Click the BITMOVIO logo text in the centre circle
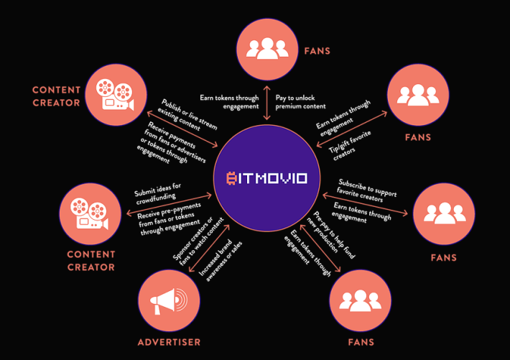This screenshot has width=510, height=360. tap(266, 178)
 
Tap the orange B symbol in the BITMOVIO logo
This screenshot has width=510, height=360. tap(231, 178)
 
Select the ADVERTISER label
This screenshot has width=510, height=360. tap(169, 342)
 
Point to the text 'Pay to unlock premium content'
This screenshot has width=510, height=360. tap(300, 102)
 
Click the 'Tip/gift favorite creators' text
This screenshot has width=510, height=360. tap(350, 145)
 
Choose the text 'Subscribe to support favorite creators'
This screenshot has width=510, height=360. tap(366, 191)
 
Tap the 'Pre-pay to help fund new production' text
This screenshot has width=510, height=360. tap(331, 235)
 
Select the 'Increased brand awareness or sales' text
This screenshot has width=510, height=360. tap(221, 260)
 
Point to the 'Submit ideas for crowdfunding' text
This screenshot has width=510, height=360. tap(158, 194)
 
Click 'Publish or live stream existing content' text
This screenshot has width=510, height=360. tap(187, 115)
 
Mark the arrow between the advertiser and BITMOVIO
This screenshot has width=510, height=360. tap(209, 249)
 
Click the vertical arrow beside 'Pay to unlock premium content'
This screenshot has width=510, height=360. tap(266, 103)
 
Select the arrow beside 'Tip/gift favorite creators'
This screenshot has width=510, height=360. tap(352, 129)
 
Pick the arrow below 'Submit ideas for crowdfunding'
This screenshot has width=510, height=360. tap(169, 204)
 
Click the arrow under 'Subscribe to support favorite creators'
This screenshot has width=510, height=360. tap(365, 204)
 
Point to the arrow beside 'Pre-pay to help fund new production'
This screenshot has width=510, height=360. tap(320, 248)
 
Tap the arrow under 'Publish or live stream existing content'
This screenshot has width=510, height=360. tap(182, 129)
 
